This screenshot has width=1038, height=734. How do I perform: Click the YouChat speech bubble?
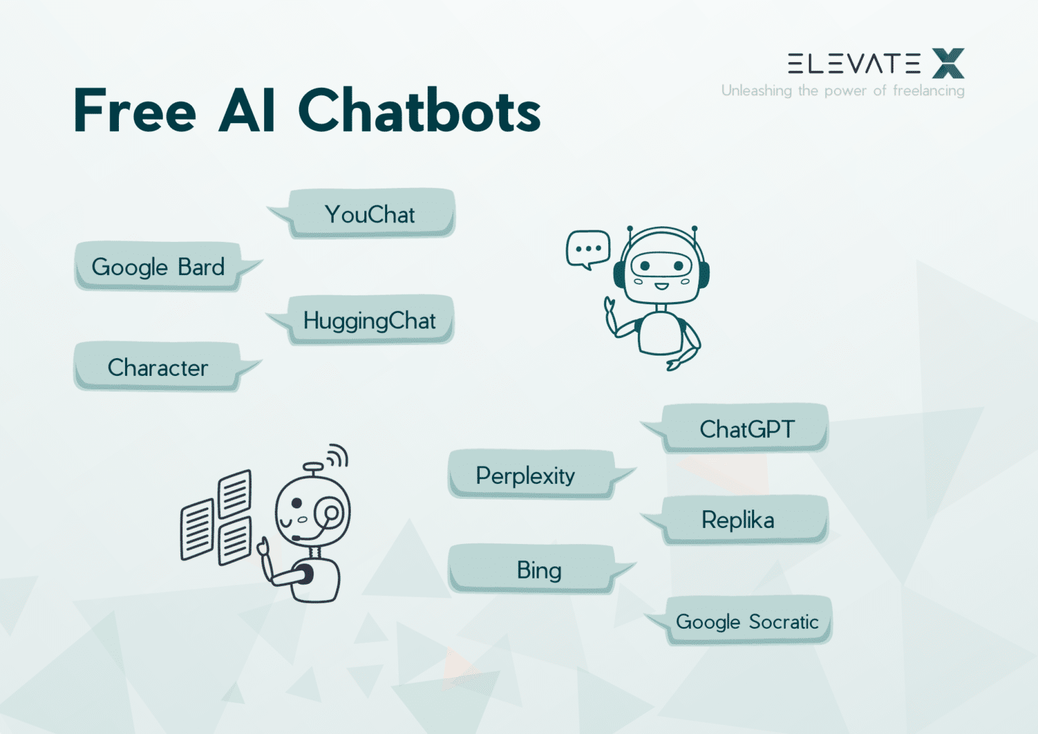click(370, 214)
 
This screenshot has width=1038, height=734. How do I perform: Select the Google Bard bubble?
click(158, 267)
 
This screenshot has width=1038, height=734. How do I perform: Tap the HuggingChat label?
click(369, 320)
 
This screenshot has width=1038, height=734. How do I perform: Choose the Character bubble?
click(157, 368)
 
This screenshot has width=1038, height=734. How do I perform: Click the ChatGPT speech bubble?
click(746, 429)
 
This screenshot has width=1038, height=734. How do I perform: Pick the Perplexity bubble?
click(525, 476)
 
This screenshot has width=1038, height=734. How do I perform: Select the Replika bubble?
click(738, 520)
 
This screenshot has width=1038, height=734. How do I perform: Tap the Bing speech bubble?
click(539, 570)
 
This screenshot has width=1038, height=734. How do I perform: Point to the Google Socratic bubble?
click(747, 622)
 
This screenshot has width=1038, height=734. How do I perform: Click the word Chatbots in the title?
click(419, 111)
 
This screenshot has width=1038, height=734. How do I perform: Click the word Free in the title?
click(134, 111)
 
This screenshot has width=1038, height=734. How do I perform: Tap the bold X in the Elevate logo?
click(948, 64)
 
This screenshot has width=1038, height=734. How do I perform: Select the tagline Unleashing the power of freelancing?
click(843, 91)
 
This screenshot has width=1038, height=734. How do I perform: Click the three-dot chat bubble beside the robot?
click(588, 249)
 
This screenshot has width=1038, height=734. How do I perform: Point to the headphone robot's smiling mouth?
click(661, 286)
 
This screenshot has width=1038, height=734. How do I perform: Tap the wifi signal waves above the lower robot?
click(337, 457)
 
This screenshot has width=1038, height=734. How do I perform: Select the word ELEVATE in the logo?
click(854, 64)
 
